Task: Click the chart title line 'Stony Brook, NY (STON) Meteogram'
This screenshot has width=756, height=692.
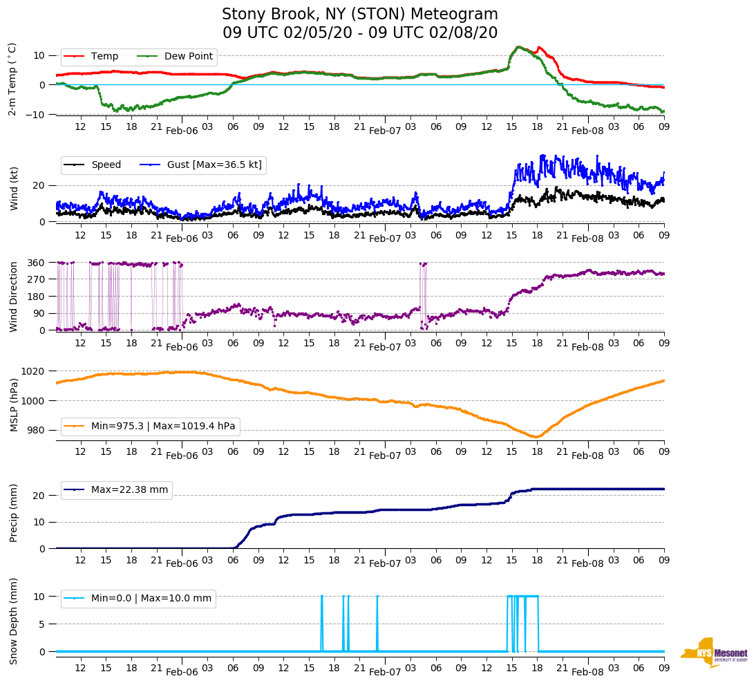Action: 359,15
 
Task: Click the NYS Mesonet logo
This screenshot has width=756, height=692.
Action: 715,653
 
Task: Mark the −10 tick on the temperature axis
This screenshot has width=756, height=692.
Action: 35,115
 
